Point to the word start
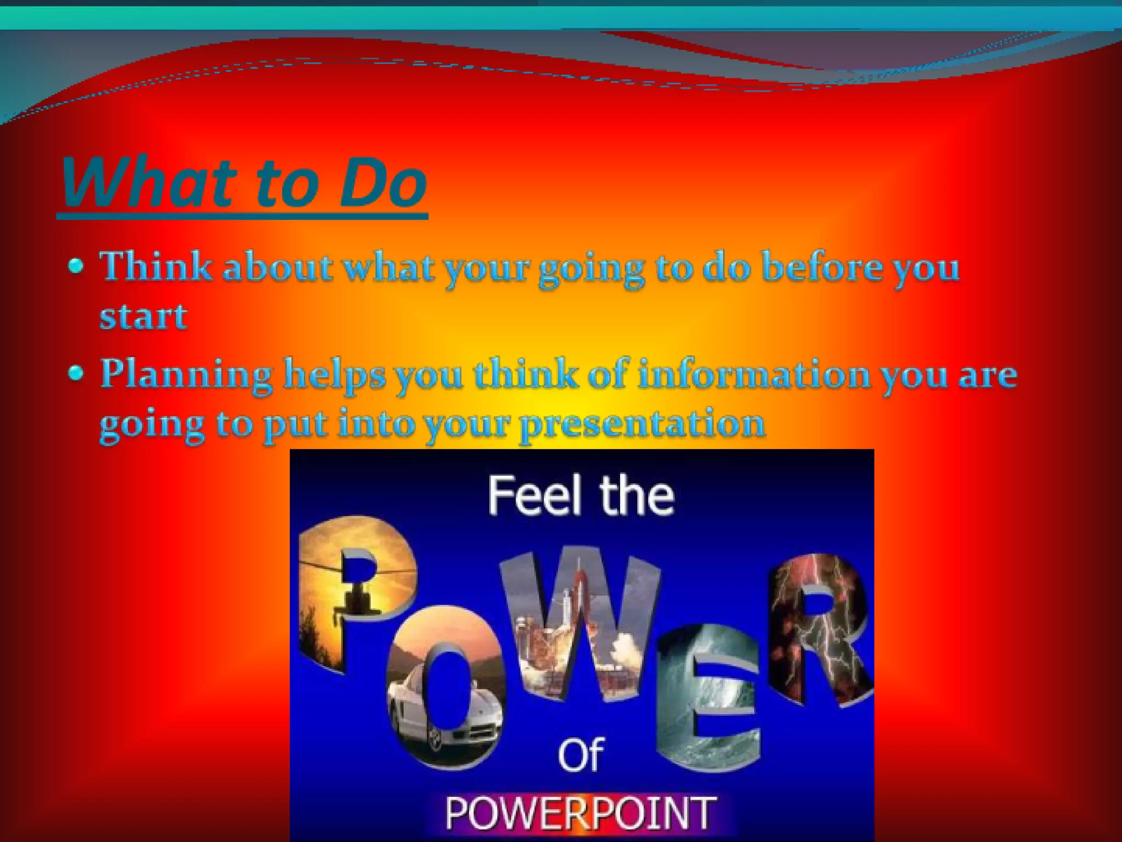144,316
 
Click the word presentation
642,424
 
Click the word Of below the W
581,755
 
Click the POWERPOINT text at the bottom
581,813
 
